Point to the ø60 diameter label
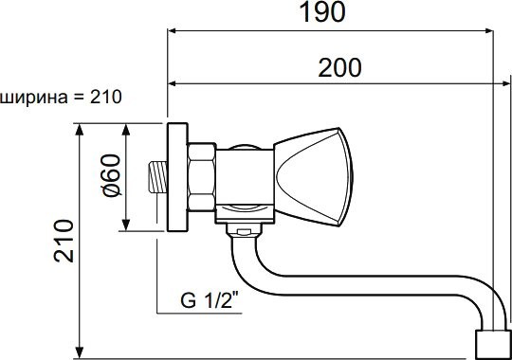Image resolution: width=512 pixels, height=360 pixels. (x=110, y=177)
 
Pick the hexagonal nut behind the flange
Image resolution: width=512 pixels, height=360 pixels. (x=202, y=177)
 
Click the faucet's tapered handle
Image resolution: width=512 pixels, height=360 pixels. (x=309, y=176)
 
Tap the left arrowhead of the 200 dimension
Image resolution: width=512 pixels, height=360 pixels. (x=174, y=82)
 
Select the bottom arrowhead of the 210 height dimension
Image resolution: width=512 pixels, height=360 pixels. (x=80, y=351)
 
